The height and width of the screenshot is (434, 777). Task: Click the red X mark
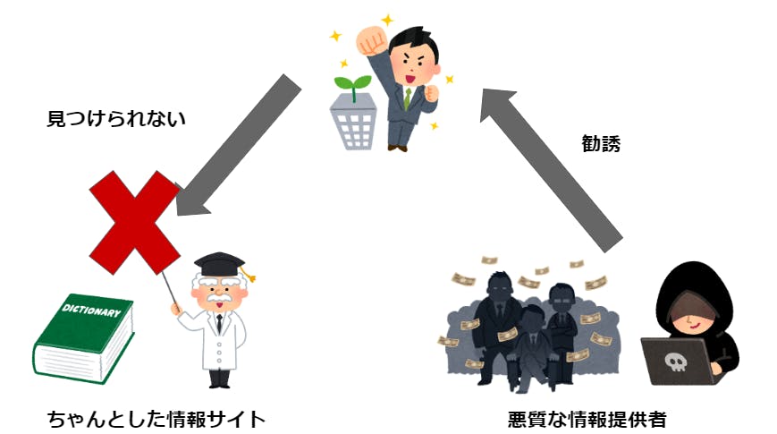(135, 222)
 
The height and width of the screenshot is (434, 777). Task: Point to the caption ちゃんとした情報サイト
(157, 418)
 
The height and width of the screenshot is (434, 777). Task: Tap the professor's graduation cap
(219, 264)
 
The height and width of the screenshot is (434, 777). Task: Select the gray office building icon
(358, 122)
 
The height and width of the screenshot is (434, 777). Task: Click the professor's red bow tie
(218, 317)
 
